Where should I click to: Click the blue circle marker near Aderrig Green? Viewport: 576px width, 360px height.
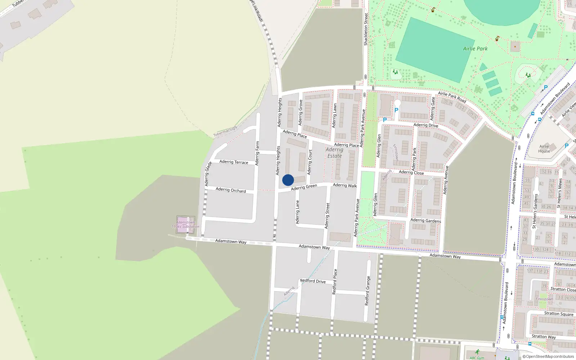point(288,180)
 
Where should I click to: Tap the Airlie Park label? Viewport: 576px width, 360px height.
point(475,49)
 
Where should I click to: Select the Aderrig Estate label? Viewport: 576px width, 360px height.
point(334,153)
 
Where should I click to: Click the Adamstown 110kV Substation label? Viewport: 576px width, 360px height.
point(185,225)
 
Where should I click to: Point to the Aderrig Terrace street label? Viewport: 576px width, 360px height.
point(234,162)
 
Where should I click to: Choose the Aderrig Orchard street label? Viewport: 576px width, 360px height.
point(231,190)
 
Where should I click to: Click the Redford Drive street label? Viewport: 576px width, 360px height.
point(313,281)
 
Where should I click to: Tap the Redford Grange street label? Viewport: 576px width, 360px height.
point(367,291)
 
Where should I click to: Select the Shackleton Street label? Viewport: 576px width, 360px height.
point(366,29)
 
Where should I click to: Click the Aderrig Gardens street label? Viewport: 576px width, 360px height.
point(426,220)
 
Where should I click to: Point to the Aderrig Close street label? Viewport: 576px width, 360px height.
point(411,172)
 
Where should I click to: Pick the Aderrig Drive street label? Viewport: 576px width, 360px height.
point(426,125)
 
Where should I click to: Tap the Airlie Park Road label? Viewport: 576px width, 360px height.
point(452,97)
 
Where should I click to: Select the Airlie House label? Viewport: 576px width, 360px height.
point(544,149)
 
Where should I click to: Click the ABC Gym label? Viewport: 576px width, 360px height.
point(477,358)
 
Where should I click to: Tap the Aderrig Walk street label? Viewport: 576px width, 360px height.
point(345,185)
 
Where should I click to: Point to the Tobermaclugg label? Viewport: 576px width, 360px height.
point(225,131)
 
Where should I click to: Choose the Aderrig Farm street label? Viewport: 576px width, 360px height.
point(257,153)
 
